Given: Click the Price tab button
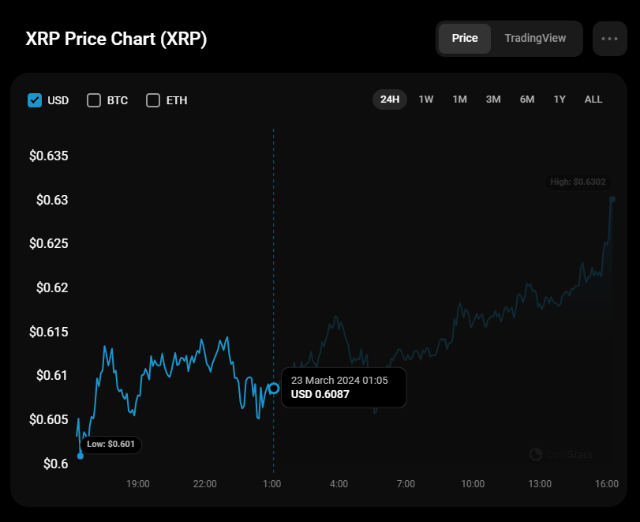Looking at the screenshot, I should pyautogui.click(x=465, y=38).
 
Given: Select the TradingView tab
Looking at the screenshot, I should pyautogui.click(x=535, y=38).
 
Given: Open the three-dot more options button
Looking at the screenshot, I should pyautogui.click(x=609, y=38).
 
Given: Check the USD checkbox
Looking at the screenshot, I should pyautogui.click(x=35, y=100).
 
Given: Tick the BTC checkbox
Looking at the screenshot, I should pyautogui.click(x=94, y=100).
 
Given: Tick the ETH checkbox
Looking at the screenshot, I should pyautogui.click(x=153, y=100).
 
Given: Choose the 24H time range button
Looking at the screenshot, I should pyautogui.click(x=390, y=100).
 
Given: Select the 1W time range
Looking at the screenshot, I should pyautogui.click(x=426, y=100).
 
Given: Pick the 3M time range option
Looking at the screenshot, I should pyautogui.click(x=493, y=100).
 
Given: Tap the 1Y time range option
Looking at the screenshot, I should pyautogui.click(x=560, y=100).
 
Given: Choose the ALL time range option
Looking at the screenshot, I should pyautogui.click(x=593, y=100).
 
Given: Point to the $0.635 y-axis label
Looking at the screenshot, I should pyautogui.click(x=49, y=156).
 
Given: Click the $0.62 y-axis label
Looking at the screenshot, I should pyautogui.click(x=53, y=287).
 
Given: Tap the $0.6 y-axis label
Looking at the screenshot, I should pyautogui.click(x=55, y=464).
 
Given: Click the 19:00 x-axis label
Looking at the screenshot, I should pyautogui.click(x=138, y=483).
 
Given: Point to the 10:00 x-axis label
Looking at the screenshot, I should pyautogui.click(x=473, y=483).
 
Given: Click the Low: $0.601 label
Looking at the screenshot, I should pyautogui.click(x=110, y=445).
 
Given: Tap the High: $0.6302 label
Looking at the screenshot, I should pyautogui.click(x=578, y=182).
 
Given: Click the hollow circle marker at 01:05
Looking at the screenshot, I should pyautogui.click(x=274, y=388).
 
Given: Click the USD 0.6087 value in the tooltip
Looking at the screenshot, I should pyautogui.click(x=320, y=394).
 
